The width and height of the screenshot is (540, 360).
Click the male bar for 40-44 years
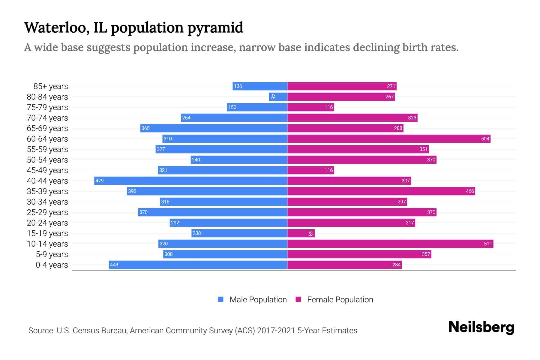pyautogui.click(x=191, y=181)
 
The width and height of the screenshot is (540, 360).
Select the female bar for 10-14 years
pyautogui.click(x=390, y=244)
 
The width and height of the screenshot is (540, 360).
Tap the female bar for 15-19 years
pyautogui.click(x=301, y=233)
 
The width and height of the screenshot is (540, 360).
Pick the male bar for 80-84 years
pyautogui.click(x=278, y=97)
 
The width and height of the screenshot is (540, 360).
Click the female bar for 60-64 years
pyautogui.click(x=389, y=139)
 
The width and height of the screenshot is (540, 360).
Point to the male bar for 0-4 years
pyautogui.click(x=198, y=265)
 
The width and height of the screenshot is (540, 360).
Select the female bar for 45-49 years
pyautogui.click(x=310, y=170)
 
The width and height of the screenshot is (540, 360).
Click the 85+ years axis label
pyautogui.click(x=51, y=86)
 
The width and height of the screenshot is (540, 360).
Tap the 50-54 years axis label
pyautogui.click(x=47, y=160)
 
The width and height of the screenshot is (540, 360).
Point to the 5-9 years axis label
pyautogui.click(x=52, y=254)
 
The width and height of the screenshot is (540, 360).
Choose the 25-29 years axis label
pyautogui.click(x=47, y=212)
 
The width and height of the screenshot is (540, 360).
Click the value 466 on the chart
pyautogui.click(x=470, y=191)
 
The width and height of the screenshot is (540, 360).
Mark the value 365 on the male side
pyautogui.click(x=145, y=128)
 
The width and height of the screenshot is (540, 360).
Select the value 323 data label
pyautogui.click(x=412, y=118)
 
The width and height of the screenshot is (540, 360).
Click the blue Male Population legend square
pyautogui.click(x=221, y=299)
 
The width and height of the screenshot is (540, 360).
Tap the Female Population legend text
pyautogui.click(x=340, y=299)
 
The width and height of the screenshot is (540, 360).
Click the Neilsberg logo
pyautogui.click(x=481, y=327)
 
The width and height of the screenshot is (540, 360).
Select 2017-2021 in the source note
pyautogui.click(x=276, y=331)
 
